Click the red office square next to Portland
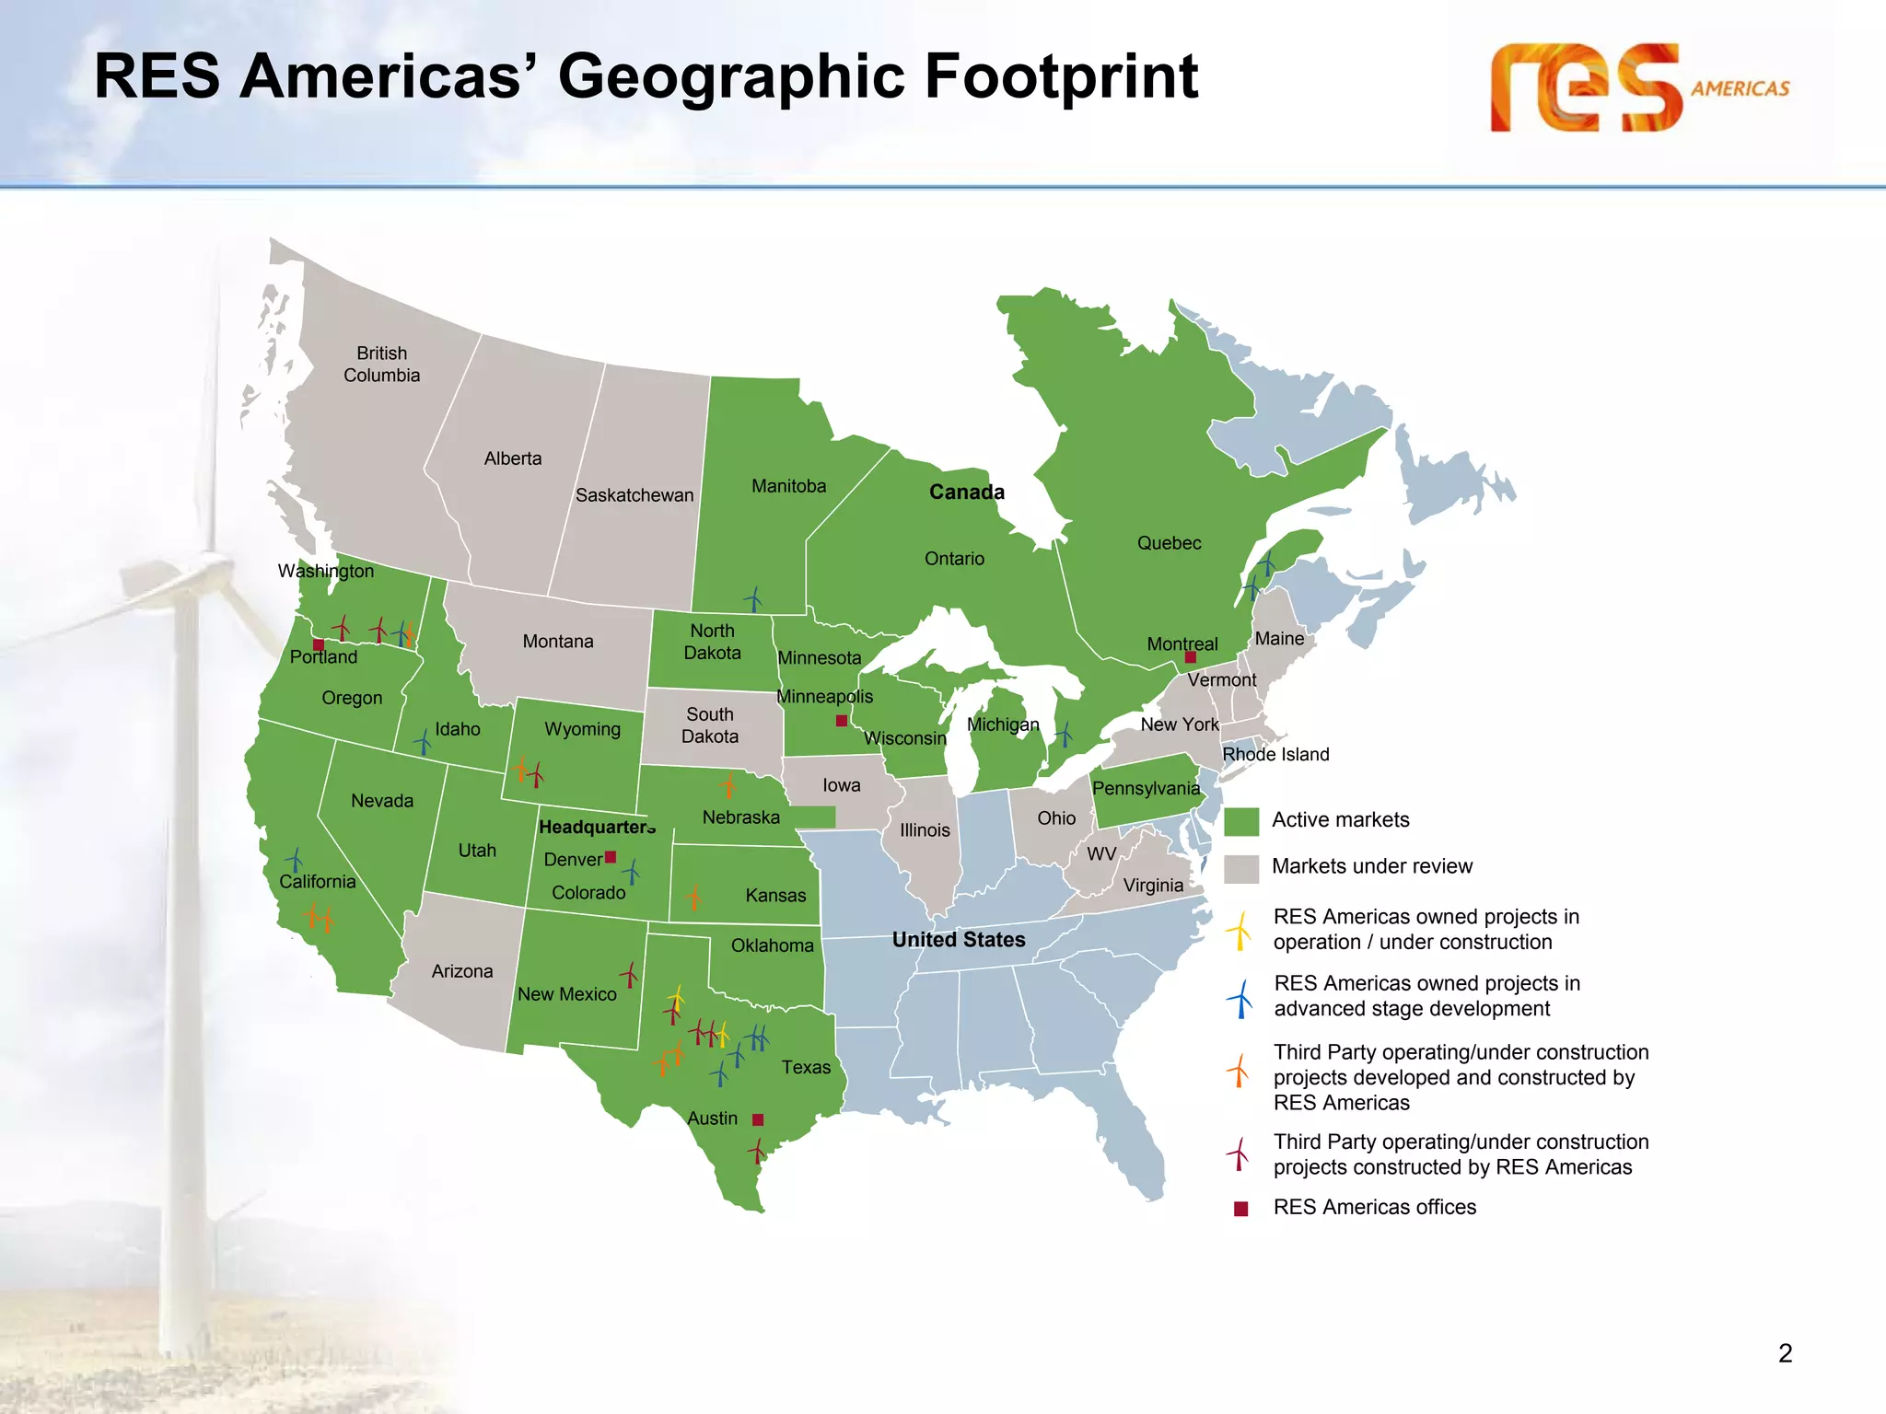pyautogui.click(x=319, y=644)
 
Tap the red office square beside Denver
pyautogui.click(x=611, y=857)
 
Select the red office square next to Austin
pyautogui.click(x=758, y=1119)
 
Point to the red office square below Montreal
pyautogui.click(x=1190, y=657)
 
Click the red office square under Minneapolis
pyautogui.click(x=841, y=720)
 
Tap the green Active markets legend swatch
pyautogui.click(x=1240, y=821)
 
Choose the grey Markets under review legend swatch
pyautogui.click(x=1240, y=868)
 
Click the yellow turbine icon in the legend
pyautogui.click(x=1240, y=930)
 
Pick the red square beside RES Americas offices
pyautogui.click(x=1240, y=1209)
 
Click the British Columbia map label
pyautogui.click(x=381, y=365)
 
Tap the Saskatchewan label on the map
pyautogui.click(x=634, y=495)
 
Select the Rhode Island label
pyautogui.click(x=1275, y=755)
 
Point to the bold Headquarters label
pyautogui.click(x=597, y=827)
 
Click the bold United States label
pyautogui.click(x=959, y=940)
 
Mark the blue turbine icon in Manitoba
pyautogui.click(x=754, y=599)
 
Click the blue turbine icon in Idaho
pyautogui.click(x=423, y=741)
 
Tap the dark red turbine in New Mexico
pyautogui.click(x=630, y=974)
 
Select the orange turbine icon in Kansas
pyautogui.click(x=693, y=897)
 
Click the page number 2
pyautogui.click(x=1785, y=1353)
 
